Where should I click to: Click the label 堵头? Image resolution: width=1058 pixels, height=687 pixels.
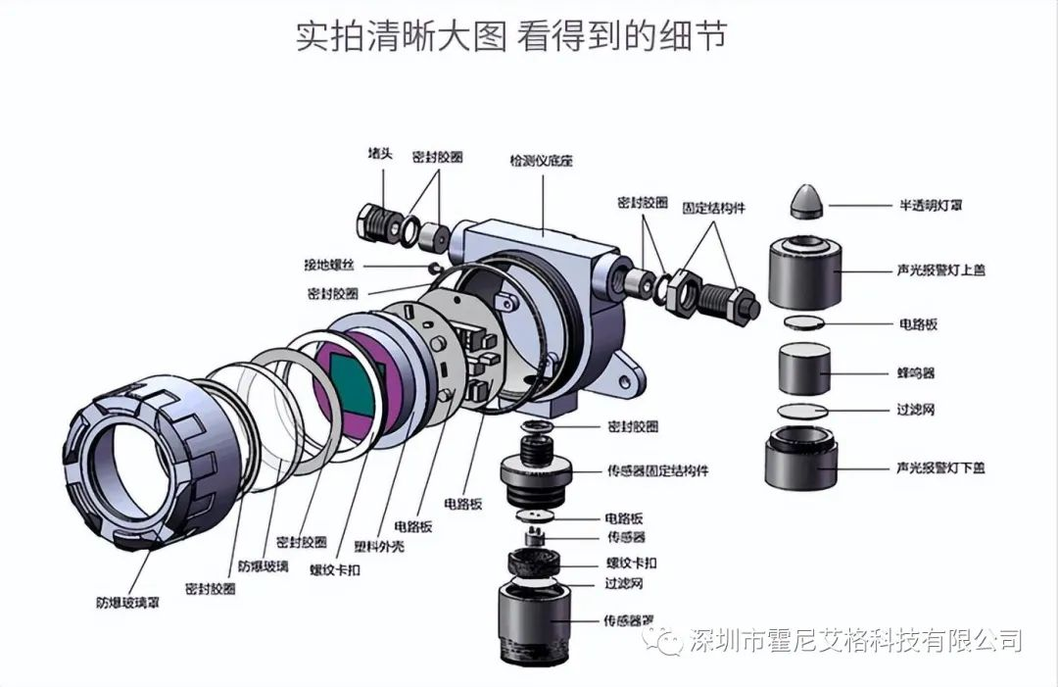(379, 155)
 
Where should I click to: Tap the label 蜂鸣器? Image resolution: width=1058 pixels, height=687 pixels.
(916, 373)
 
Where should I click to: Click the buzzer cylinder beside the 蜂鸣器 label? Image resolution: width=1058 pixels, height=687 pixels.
(804, 370)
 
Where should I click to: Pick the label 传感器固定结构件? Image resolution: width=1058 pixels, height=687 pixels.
(657, 471)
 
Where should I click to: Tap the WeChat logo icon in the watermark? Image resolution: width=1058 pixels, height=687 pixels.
(670, 642)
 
